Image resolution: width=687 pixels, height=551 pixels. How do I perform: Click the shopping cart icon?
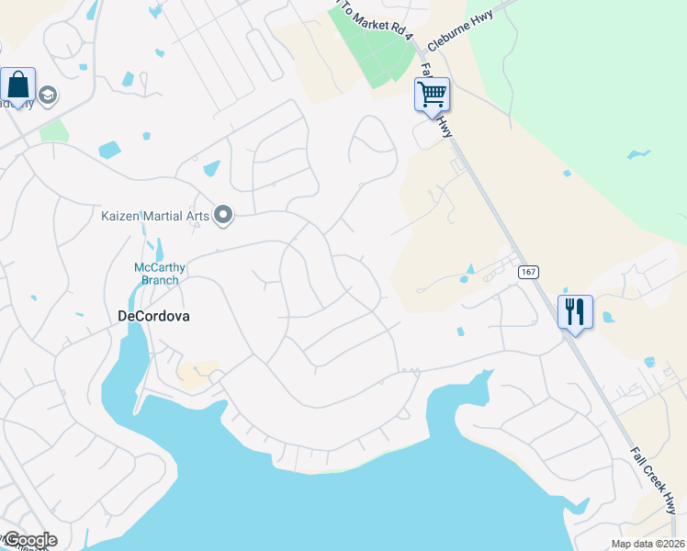[x=432, y=94]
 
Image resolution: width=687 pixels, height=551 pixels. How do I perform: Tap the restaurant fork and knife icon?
[x=575, y=311]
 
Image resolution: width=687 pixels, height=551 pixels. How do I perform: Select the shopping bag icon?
[x=18, y=84]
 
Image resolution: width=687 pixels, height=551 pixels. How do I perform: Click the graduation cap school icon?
[x=48, y=96]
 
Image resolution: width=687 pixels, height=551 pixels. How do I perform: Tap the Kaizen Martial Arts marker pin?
[x=223, y=216]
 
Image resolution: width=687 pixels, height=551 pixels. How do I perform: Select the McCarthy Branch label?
[x=160, y=274]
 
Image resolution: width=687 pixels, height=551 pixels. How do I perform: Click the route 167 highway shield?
[x=527, y=272]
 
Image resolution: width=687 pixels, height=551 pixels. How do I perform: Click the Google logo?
[x=30, y=540]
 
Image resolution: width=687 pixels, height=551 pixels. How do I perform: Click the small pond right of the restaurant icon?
[x=608, y=318]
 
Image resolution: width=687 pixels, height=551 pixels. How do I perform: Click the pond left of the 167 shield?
[x=469, y=272]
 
